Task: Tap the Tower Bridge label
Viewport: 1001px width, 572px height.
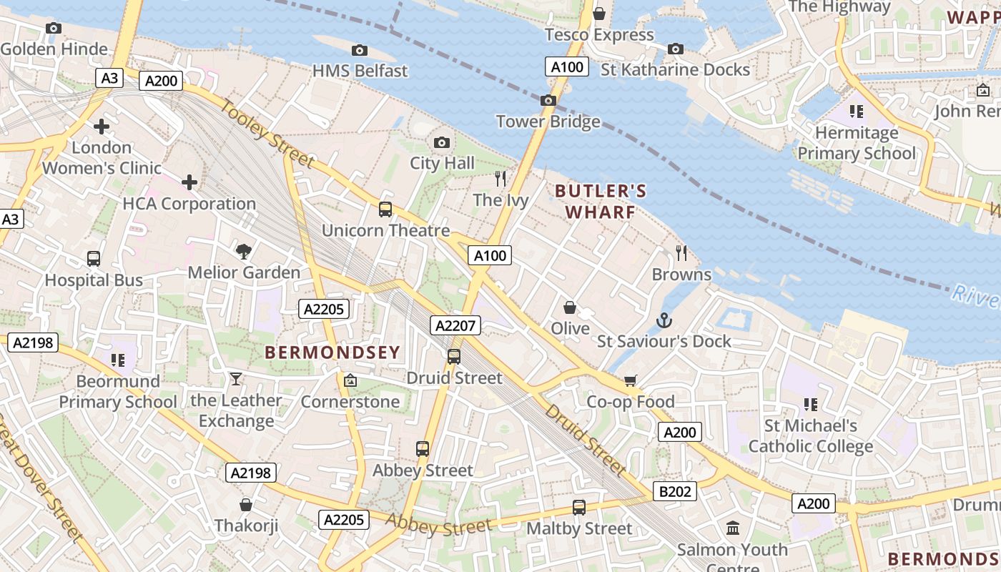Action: pyautogui.click(x=548, y=122)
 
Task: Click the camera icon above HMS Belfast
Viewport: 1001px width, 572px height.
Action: pyautogui.click(x=360, y=50)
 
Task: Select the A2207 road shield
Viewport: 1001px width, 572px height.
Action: pyautogui.click(x=455, y=326)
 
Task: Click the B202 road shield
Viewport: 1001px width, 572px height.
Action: pyautogui.click(x=674, y=491)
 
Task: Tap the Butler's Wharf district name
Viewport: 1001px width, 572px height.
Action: pyautogui.click(x=601, y=202)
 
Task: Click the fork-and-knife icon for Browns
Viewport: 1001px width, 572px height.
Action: pyautogui.click(x=681, y=252)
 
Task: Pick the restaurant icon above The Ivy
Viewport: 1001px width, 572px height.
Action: pyautogui.click(x=500, y=178)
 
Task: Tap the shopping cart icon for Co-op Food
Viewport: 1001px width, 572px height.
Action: pyautogui.click(x=630, y=380)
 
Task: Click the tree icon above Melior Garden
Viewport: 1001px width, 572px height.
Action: pyautogui.click(x=244, y=251)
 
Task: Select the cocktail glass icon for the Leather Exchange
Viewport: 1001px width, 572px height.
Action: pyautogui.click(x=236, y=378)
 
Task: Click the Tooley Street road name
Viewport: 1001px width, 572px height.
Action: pyautogui.click(x=267, y=134)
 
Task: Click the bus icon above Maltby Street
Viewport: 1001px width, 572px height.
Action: pyautogui.click(x=579, y=507)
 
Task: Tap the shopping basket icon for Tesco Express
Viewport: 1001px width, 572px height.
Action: pyautogui.click(x=599, y=14)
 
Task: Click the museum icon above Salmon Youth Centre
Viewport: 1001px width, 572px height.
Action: pyautogui.click(x=733, y=528)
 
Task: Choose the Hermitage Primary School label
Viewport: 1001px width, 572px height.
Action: pyautogui.click(x=856, y=143)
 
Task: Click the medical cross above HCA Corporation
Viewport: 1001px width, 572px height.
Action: pyautogui.click(x=189, y=182)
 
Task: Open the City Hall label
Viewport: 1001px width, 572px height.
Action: pyautogui.click(x=442, y=163)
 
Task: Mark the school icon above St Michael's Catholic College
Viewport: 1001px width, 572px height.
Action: pyautogui.click(x=811, y=404)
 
